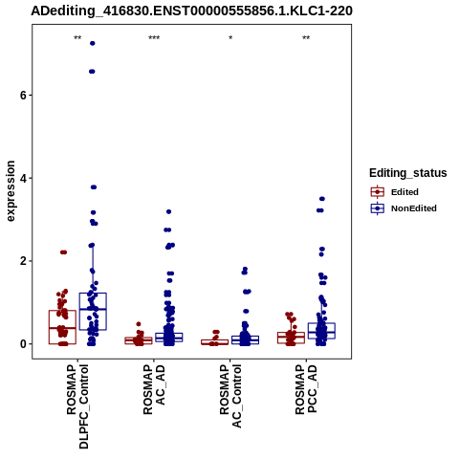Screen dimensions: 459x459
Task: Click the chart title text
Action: pyautogui.click(x=191, y=11)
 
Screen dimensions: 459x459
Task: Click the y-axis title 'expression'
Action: pyautogui.click(x=11, y=191)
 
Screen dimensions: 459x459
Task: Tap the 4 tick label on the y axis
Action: pyautogui.click(x=23, y=178)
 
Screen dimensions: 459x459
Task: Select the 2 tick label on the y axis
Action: pyautogui.click(x=23, y=261)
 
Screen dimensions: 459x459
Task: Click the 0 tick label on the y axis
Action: pyautogui.click(x=23, y=344)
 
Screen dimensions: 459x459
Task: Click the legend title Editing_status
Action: pyautogui.click(x=408, y=173)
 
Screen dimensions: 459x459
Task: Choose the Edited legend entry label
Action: pyautogui.click(x=404, y=192)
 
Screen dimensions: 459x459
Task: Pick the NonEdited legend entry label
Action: pyautogui.click(x=414, y=208)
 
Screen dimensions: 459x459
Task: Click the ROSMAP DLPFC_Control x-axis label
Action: pyautogui.click(x=77, y=406)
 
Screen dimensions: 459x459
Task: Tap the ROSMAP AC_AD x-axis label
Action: pyautogui.click(x=154, y=389)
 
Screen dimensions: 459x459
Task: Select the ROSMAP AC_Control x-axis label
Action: pyautogui.click(x=230, y=396)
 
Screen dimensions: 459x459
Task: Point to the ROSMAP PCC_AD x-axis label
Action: pyautogui.click(x=306, y=389)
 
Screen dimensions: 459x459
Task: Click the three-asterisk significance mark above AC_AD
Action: pyautogui.click(x=154, y=38)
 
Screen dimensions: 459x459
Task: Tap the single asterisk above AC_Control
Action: pyautogui.click(x=230, y=38)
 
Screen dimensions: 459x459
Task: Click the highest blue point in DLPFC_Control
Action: pyautogui.click(x=93, y=43)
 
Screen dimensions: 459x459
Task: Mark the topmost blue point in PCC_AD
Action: pyautogui.click(x=322, y=199)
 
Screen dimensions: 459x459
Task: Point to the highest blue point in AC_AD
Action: pyautogui.click(x=169, y=211)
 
